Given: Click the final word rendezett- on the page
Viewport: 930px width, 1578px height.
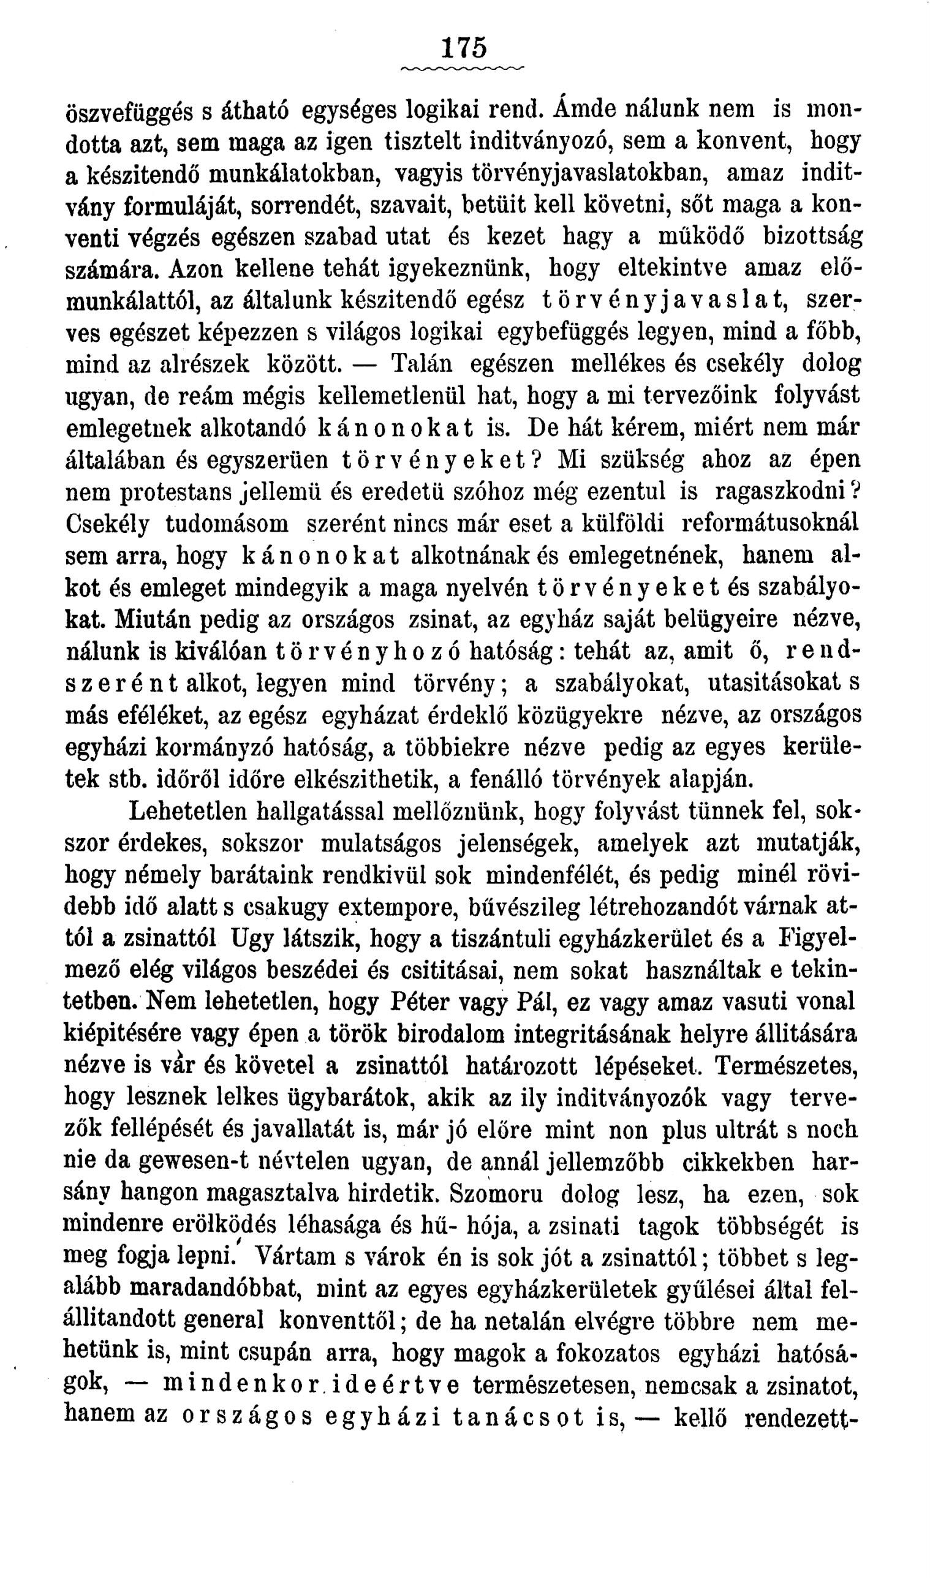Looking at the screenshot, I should coord(799,1417).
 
